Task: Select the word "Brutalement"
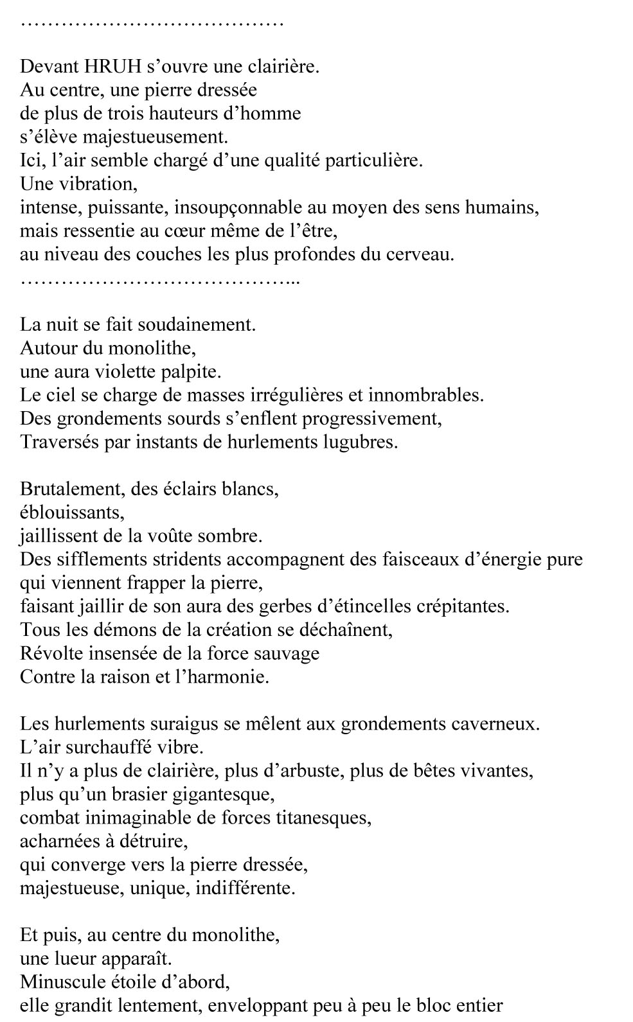click(71, 489)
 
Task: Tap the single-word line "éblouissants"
click(71, 513)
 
